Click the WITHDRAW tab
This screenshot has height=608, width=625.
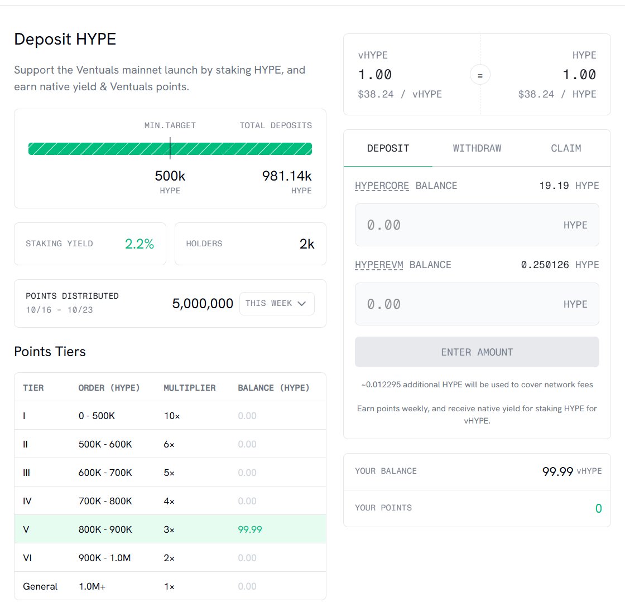point(477,148)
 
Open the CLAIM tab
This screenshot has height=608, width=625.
point(566,148)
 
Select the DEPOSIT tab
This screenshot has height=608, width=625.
point(388,148)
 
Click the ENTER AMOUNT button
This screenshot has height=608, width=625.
point(477,352)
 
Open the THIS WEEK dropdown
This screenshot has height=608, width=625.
point(277,304)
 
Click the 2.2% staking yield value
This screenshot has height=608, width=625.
point(139,244)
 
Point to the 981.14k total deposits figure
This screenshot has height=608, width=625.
point(287,177)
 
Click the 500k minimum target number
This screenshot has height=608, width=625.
point(170,177)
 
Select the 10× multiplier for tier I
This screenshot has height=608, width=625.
point(169,416)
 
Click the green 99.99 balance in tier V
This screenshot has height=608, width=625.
point(250,529)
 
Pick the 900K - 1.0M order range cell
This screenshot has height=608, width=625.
point(104,558)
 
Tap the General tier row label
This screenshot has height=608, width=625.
point(40,586)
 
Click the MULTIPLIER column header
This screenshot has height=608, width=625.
point(189,388)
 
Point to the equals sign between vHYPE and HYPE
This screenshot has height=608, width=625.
point(480,75)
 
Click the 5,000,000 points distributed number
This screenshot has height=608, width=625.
point(203,304)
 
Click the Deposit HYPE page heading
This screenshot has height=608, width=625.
point(65,40)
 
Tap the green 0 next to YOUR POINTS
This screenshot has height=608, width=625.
point(598,508)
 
